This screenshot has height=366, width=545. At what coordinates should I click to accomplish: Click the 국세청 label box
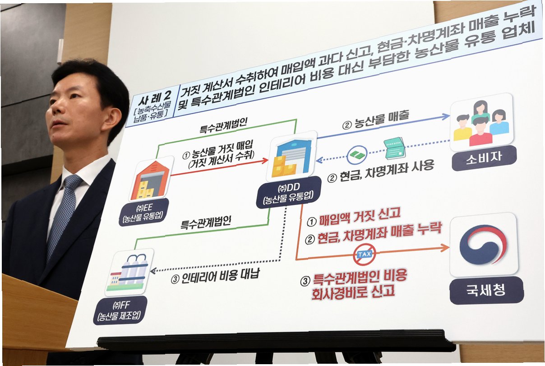(486, 289)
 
